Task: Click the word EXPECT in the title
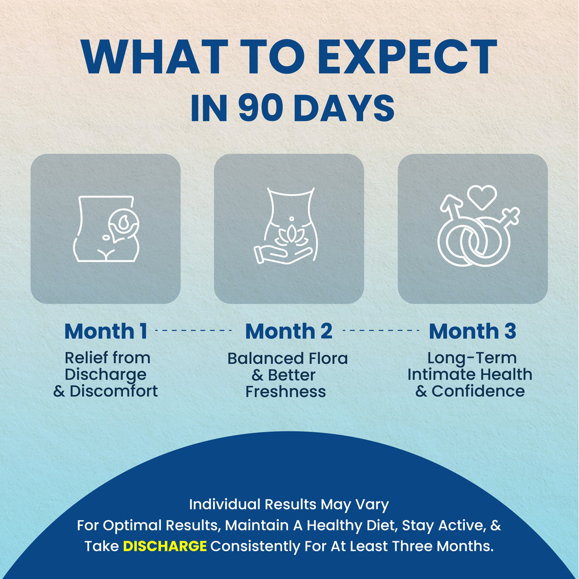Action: click(407, 57)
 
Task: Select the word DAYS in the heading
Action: click(344, 108)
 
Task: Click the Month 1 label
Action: click(106, 331)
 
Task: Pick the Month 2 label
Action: click(289, 331)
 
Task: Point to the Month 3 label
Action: click(472, 331)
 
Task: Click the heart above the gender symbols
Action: click(482, 197)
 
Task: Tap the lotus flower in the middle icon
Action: click(292, 236)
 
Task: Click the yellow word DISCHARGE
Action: click(165, 546)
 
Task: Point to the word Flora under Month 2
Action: click(328, 358)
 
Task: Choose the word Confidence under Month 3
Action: click(478, 391)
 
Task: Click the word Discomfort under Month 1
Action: click(114, 391)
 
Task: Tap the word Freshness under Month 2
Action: click(286, 392)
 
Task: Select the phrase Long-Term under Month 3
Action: click(472, 358)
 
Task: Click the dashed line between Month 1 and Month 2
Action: click(194, 331)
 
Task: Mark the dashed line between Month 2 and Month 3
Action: click(381, 331)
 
